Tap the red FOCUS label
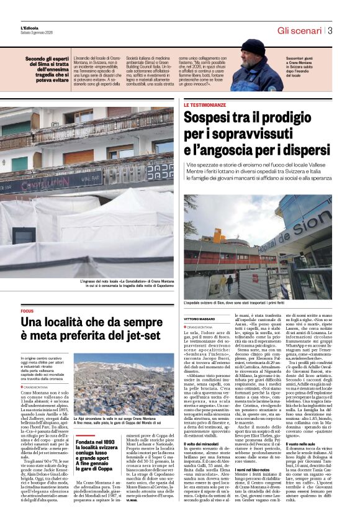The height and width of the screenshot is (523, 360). (27, 311)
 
